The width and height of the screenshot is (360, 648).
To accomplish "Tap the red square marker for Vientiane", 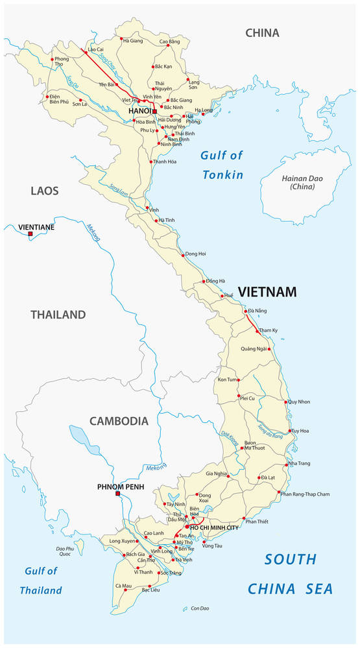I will pos(30,234).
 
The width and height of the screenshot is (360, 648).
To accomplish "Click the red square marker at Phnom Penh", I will pos(117,494).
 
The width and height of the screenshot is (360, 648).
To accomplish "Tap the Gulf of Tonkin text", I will pos(222,165).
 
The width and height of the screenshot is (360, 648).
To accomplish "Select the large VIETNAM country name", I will pos(267,293).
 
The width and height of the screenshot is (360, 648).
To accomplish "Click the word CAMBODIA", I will pos(119,421).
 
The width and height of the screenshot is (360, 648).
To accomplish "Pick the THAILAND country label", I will pos(58,315).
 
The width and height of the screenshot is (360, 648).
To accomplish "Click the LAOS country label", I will pos(44,191).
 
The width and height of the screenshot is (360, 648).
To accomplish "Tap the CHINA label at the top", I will pos(262,33).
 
